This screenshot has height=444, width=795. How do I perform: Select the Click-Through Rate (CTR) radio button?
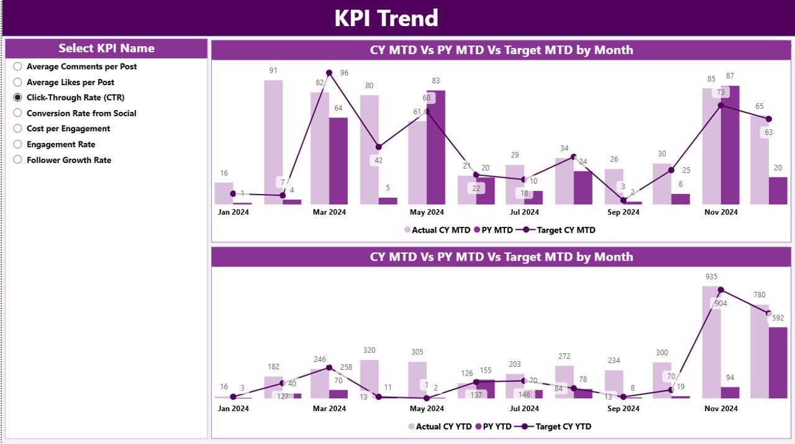[x=17, y=98]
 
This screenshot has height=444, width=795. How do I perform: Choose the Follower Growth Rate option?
[x=17, y=160]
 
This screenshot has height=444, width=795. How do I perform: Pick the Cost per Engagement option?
[x=17, y=129]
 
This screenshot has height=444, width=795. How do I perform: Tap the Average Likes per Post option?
[x=17, y=82]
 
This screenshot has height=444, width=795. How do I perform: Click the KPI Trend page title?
[x=386, y=18]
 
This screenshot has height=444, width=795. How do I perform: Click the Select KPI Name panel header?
[x=106, y=49]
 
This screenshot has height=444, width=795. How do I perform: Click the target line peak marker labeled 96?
[x=329, y=73]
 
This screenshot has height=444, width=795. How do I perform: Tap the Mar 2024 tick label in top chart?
[x=329, y=212]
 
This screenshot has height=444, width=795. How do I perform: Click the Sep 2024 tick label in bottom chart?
[x=623, y=409]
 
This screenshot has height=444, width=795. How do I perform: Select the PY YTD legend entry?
[x=493, y=427]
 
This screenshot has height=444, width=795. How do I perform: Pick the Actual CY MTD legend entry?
[x=437, y=230]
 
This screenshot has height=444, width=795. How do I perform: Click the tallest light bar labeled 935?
[x=711, y=342]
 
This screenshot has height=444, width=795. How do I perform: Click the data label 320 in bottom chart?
[x=369, y=350]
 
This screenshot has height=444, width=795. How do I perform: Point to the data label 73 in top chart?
[x=720, y=93]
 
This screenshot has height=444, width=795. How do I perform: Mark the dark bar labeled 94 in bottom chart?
[x=730, y=392]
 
